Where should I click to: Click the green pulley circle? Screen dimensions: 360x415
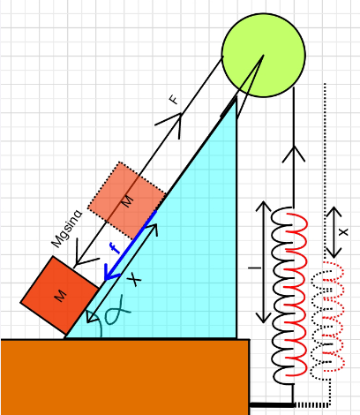pyautogui.click(x=263, y=55)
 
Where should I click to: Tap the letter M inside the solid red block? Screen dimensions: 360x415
pyautogui.click(x=61, y=296)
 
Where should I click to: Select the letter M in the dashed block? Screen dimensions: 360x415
pyautogui.click(x=128, y=201)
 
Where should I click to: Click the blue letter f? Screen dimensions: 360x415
pyautogui.click(x=115, y=247)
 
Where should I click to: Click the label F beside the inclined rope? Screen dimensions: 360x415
pyautogui.click(x=174, y=99)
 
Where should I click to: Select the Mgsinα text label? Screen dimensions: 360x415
pyautogui.click(x=67, y=229)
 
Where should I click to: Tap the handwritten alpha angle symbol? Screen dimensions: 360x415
pyautogui.click(x=116, y=312)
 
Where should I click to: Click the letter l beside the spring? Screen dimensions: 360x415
pyautogui.click(x=255, y=268)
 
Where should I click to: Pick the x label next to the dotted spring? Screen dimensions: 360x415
pyautogui.click(x=343, y=232)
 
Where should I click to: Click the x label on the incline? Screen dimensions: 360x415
pyautogui.click(x=135, y=279)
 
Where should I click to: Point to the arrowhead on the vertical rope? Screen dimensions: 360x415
pyautogui.click(x=294, y=154)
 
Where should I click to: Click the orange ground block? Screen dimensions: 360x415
pyautogui.click(x=125, y=377)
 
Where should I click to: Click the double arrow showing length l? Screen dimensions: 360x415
pyautogui.click(x=264, y=262)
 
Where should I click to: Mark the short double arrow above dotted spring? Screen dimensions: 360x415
pyautogui.click(x=334, y=232)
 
